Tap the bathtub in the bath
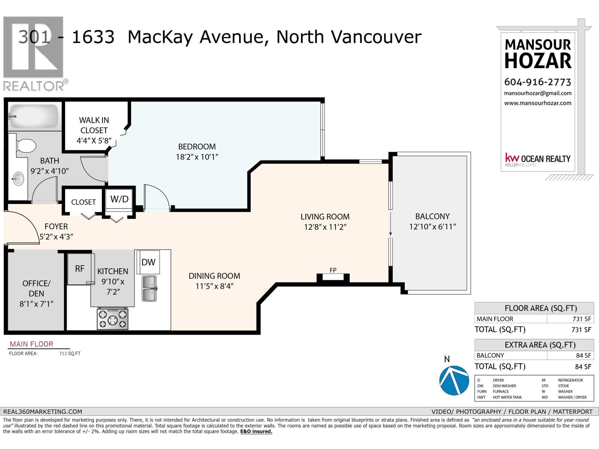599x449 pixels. (34, 117)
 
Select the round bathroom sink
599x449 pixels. (18, 179)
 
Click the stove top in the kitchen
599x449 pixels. (113, 319)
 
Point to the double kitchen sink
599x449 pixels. (149, 288)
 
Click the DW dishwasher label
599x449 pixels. (148, 262)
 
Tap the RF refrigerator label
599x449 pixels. (80, 269)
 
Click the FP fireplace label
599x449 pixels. (333, 270)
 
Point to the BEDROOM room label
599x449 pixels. (197, 147)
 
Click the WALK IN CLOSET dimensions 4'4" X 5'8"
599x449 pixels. (94, 141)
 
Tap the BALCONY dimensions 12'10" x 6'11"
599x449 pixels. (432, 226)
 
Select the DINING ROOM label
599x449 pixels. (215, 276)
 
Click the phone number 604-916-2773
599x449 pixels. (538, 82)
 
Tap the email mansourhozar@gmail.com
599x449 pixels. (538, 93)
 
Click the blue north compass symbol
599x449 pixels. (454, 380)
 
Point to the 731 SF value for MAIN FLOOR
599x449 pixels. (582, 319)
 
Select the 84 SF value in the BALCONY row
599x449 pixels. (583, 355)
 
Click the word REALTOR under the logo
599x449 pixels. (34, 86)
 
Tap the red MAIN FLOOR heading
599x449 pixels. (31, 344)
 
